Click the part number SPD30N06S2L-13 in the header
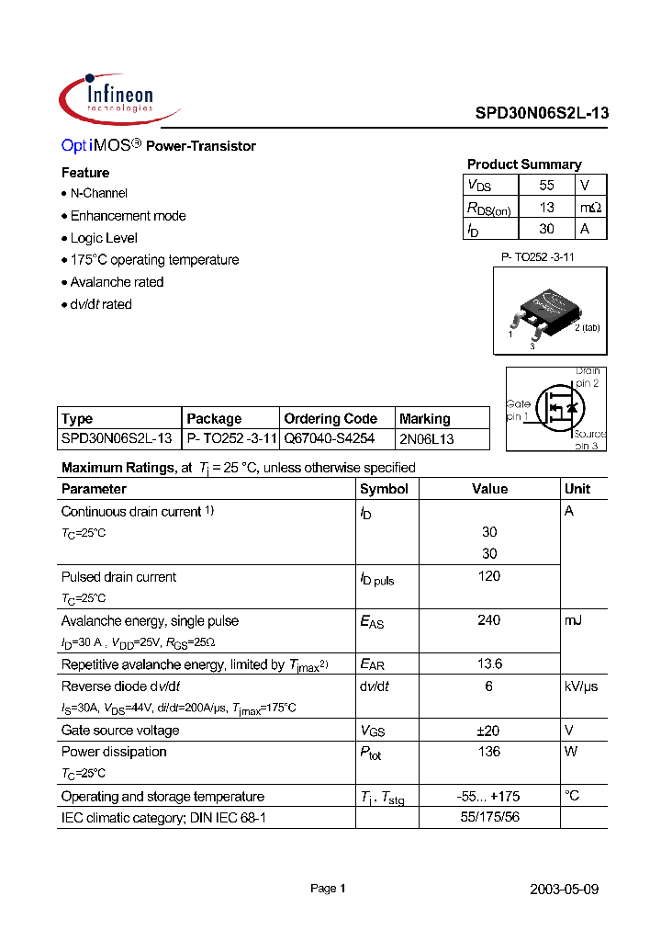coord(541,115)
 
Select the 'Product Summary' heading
coord(523,164)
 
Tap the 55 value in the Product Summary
coord(546,185)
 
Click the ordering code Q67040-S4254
coord(329,439)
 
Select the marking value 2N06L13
coord(427,439)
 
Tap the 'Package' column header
coord(214,418)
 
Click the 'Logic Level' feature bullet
coord(104,238)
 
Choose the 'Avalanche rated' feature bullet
coord(117,282)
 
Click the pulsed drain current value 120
coord(489,576)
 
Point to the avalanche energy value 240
coord(489,620)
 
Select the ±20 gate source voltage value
coord(489,731)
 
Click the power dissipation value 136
coord(489,752)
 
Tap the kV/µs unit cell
coord(580,686)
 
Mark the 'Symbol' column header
coord(384,489)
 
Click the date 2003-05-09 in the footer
coord(565,890)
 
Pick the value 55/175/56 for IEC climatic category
coord(489,817)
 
